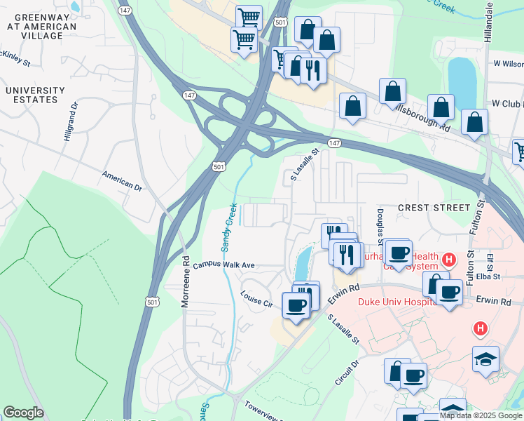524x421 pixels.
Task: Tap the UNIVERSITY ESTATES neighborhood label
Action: pos(35,95)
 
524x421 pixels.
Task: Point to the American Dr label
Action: pos(121,182)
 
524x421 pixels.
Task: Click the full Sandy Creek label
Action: pos(230,227)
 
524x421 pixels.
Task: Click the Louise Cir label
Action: pos(256,300)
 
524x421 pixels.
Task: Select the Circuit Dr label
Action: pos(346,373)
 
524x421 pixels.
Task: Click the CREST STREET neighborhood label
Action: pos(434,208)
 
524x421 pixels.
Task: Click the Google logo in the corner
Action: pos(23,413)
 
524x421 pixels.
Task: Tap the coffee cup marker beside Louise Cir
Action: pos(295,306)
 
